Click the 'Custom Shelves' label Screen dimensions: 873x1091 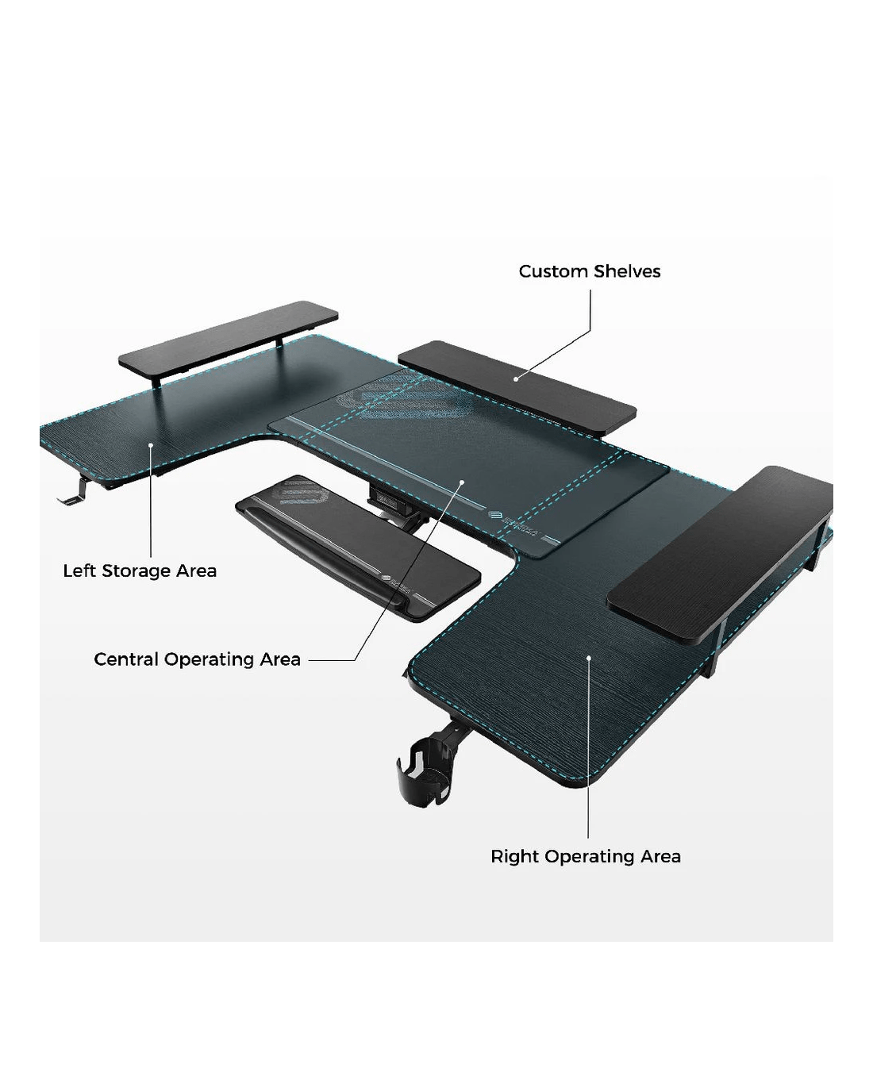pyautogui.click(x=590, y=271)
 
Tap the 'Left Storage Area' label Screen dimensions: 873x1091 pyautogui.click(x=140, y=570)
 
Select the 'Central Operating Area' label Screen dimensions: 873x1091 pyautogui.click(x=198, y=659)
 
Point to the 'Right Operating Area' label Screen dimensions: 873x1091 pyautogui.click(x=586, y=856)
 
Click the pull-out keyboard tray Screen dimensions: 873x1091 pyautogui.click(x=358, y=548)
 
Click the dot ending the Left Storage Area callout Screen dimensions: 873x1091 pyautogui.click(x=151, y=445)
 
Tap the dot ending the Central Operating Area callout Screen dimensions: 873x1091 pyautogui.click(x=462, y=482)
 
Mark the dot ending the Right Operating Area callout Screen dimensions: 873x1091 pyautogui.click(x=588, y=658)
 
